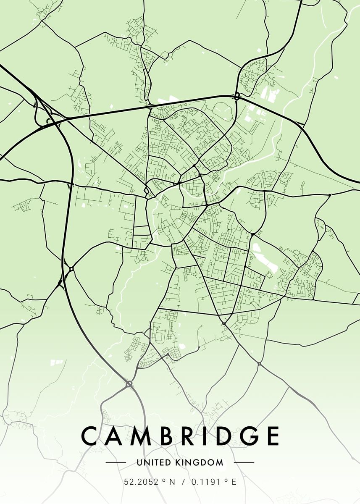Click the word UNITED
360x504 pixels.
[154, 463]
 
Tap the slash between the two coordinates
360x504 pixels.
[183, 482]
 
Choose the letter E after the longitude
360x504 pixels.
[234, 482]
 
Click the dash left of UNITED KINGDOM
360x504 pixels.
[116, 463]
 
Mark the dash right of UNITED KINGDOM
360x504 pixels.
[244, 463]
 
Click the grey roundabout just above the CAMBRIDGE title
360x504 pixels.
[129, 383]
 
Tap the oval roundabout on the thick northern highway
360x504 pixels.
[237, 96]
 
